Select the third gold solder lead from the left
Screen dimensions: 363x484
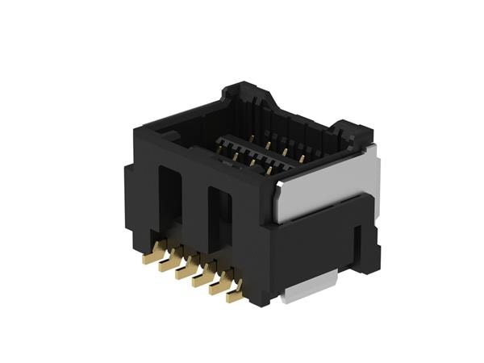186,272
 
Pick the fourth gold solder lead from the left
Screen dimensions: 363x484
202,279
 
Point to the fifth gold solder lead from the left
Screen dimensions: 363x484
219,287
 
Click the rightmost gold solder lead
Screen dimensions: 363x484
235,295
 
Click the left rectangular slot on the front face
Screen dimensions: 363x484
170,202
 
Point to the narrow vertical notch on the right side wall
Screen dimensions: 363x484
358,246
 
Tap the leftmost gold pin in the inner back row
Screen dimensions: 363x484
252,139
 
